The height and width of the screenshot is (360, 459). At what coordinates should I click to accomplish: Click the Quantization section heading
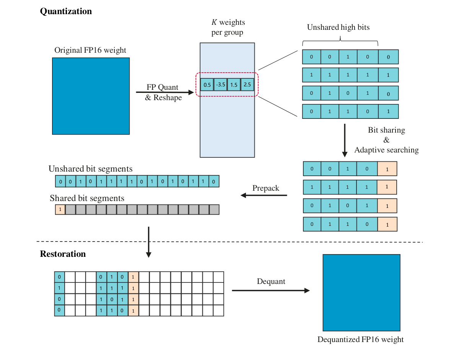pyautogui.click(x=66, y=11)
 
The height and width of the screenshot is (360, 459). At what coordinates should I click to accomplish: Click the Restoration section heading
pyautogui.click(x=63, y=254)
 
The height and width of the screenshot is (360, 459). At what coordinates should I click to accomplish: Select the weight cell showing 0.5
pyautogui.click(x=207, y=84)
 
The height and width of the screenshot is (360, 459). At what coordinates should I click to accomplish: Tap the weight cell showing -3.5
pyautogui.click(x=221, y=84)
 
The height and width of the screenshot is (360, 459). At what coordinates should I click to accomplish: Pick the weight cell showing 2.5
pyautogui.click(x=247, y=84)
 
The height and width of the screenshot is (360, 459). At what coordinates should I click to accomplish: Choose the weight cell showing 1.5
pyautogui.click(x=234, y=84)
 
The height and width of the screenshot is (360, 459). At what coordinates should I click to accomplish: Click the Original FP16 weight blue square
pyautogui.click(x=91, y=96)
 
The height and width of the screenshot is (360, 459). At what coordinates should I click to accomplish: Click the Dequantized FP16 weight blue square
pyautogui.click(x=361, y=292)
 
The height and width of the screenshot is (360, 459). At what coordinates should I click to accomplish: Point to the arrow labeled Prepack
pyautogui.click(x=264, y=195)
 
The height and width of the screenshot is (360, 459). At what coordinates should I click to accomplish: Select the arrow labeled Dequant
pyautogui.click(x=270, y=290)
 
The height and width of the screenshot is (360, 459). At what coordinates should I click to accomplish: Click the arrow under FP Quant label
pyautogui.click(x=165, y=92)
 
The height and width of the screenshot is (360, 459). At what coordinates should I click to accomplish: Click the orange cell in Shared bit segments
pyautogui.click(x=60, y=209)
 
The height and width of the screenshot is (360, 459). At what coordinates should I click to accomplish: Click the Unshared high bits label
pyautogui.click(x=338, y=27)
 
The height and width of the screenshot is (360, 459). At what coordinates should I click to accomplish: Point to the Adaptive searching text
pyautogui.click(x=386, y=150)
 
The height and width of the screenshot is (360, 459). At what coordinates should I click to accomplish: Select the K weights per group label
pyautogui.click(x=228, y=27)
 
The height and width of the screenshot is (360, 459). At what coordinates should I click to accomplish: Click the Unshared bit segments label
pyautogui.click(x=90, y=169)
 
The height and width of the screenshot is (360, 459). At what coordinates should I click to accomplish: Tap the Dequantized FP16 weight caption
pyautogui.click(x=360, y=339)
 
